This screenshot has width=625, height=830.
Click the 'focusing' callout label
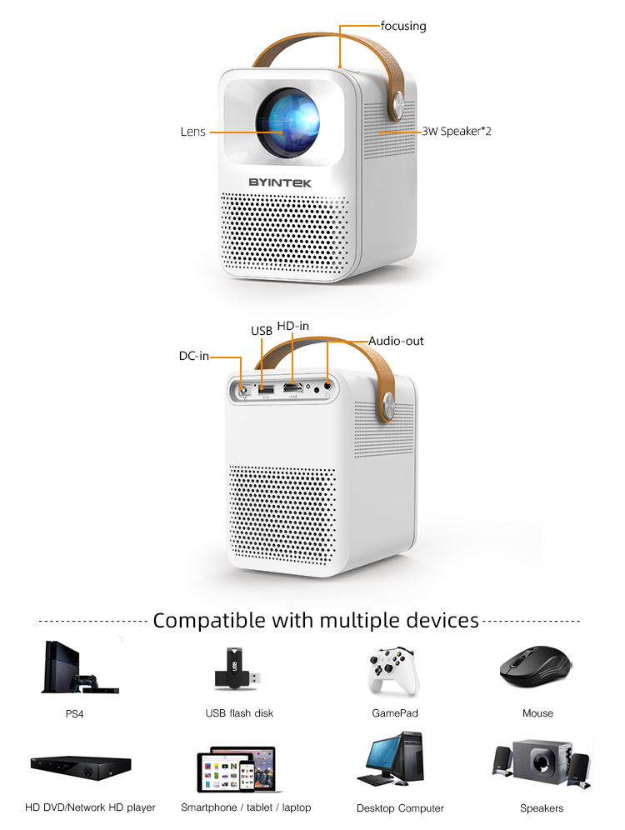pos(403,26)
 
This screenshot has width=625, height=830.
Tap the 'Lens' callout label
pos(192,132)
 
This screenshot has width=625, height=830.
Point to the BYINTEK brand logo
pos(288,181)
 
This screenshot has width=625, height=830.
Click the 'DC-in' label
pos(193,356)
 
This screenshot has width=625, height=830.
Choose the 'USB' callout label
pos(262,331)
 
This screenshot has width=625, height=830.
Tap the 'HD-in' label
pos(293,326)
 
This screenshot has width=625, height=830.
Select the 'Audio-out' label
pos(397,341)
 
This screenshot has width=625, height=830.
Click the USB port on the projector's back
pos(266,387)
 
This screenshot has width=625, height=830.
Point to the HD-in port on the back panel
pos(292,388)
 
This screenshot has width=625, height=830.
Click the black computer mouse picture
pos(536,667)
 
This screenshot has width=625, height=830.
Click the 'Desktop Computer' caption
pos(400,808)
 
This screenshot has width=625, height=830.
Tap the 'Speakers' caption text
pos(542,808)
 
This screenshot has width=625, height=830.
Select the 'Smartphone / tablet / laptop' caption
pos(246,807)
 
